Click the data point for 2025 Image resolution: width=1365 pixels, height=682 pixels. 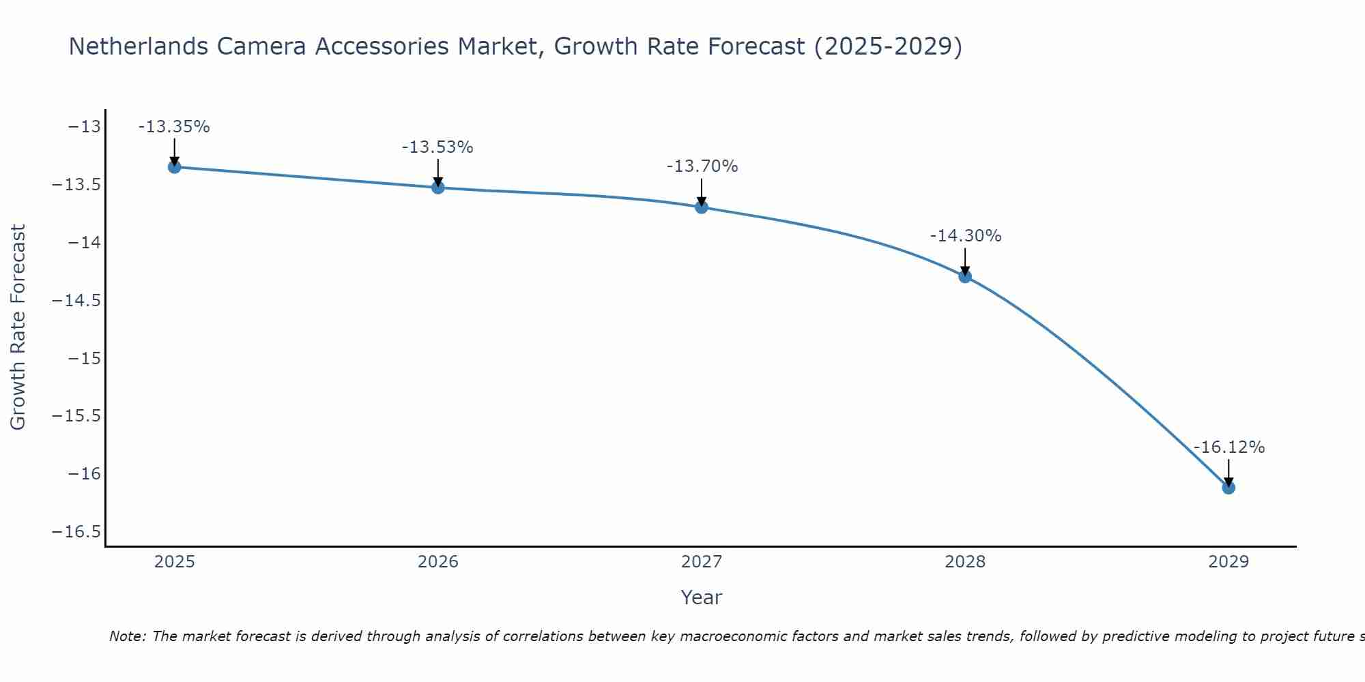point(174,167)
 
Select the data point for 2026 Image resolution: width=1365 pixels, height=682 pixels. point(438,188)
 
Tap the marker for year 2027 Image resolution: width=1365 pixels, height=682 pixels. point(702,207)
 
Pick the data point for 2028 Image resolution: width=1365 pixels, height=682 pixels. point(965,276)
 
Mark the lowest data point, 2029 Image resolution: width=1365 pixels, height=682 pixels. point(1228,488)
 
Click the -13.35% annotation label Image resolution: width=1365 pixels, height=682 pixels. point(174,127)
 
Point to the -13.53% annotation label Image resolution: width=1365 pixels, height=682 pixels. point(437,147)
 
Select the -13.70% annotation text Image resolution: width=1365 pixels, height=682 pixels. point(702,166)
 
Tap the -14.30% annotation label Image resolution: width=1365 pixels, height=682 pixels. point(966,236)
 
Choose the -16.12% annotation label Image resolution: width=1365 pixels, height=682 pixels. point(1229,447)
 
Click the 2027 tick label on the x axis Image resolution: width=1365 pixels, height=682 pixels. point(702,562)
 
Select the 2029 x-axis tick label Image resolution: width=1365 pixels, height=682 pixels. point(1228,562)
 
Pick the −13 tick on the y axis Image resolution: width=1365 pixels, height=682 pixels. point(84,127)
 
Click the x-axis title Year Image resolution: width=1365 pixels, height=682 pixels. point(701,597)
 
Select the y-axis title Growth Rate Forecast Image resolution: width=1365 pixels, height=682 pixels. point(18,327)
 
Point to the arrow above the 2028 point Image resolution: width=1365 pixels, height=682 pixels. point(965,261)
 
